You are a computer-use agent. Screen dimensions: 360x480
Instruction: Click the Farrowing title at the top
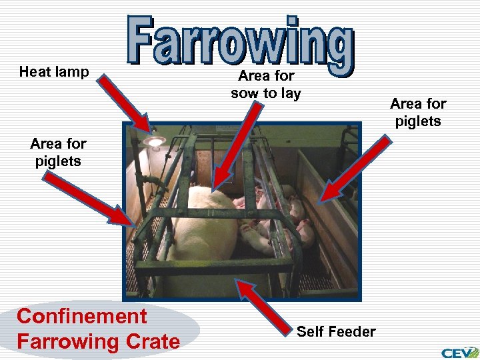pos(240,40)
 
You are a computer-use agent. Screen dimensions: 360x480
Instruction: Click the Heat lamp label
pos(54,72)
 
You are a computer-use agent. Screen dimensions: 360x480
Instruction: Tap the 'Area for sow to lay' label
pos(266,85)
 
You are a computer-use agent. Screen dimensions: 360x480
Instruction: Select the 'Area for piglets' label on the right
pos(418,112)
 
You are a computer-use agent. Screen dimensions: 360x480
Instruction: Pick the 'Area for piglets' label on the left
pos(58,152)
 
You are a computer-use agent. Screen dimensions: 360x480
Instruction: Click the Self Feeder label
pos(336,331)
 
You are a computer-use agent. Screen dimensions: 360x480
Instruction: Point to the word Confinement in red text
pos(81,316)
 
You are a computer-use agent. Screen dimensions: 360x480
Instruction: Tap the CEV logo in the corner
pos(459,351)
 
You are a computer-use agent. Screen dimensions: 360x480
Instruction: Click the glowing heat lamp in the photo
pos(155,141)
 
